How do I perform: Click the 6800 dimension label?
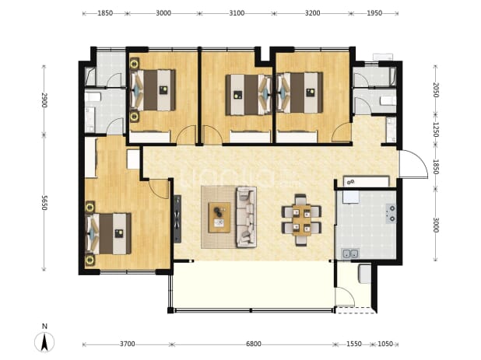click(x=254, y=344)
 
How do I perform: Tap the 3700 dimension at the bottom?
click(x=128, y=344)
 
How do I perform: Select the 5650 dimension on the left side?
click(x=44, y=202)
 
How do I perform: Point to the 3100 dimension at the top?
click(x=237, y=13)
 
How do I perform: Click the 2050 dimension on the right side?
click(x=436, y=89)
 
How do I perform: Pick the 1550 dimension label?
click(x=354, y=344)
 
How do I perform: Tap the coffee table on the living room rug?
click(x=219, y=217)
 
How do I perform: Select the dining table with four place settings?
click(x=301, y=220)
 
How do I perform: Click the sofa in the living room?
click(x=246, y=217)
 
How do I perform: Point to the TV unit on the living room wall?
click(x=177, y=219)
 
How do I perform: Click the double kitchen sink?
click(x=350, y=254)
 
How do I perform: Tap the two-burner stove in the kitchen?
click(x=391, y=214)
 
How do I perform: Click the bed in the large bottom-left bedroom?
click(x=108, y=234)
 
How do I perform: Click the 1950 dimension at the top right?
click(x=374, y=13)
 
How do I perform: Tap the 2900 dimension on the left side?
click(x=44, y=100)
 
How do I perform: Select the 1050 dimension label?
click(x=385, y=344)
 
